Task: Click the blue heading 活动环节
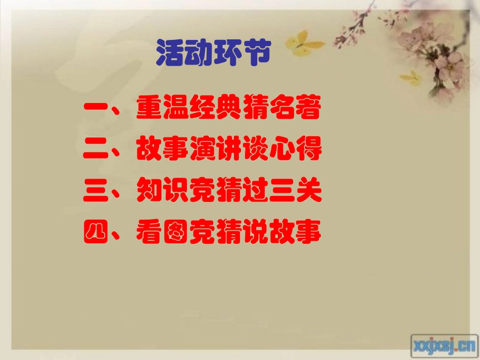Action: click(213, 53)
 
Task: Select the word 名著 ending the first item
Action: click(295, 111)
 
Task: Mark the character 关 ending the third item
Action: click(308, 193)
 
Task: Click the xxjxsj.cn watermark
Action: click(443, 345)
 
